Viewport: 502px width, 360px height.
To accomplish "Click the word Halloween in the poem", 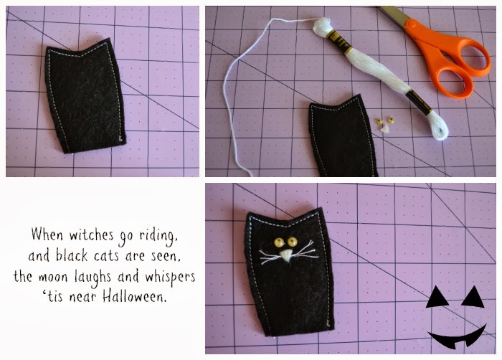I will pos(141,295).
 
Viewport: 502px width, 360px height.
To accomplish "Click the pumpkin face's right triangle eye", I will pos(471,295).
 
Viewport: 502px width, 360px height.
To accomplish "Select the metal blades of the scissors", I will pos(390,15).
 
